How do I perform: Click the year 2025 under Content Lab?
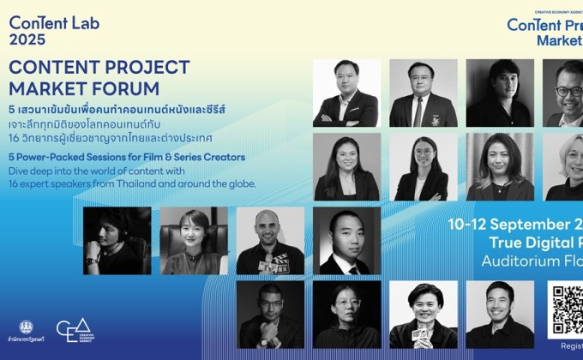click(x=27, y=39)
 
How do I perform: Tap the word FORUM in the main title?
click(x=128, y=88)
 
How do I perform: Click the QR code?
click(x=566, y=309)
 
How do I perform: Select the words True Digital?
click(x=532, y=244)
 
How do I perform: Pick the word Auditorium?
click(x=523, y=261)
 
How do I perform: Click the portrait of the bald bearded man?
click(x=270, y=241)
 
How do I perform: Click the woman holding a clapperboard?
click(x=422, y=315)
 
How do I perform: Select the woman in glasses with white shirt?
click(x=422, y=166)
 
